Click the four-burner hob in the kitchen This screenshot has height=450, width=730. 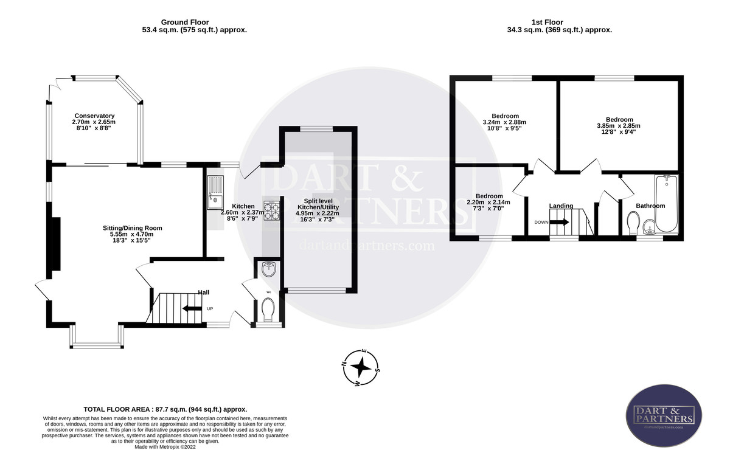coord(271,210)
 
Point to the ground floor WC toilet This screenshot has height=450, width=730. coord(268,310)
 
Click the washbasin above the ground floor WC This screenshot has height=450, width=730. coord(268,268)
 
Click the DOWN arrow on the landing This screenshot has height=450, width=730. coord(560,222)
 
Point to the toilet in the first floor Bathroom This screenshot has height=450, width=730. coord(633,223)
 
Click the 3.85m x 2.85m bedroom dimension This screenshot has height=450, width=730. coord(619,126)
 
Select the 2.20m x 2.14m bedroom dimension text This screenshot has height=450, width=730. coord(488,202)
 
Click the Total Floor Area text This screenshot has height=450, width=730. coord(165,410)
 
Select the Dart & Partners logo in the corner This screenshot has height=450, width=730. coord(664,415)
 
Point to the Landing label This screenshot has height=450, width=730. coord(561,206)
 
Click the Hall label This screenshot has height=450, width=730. coord(203,292)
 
